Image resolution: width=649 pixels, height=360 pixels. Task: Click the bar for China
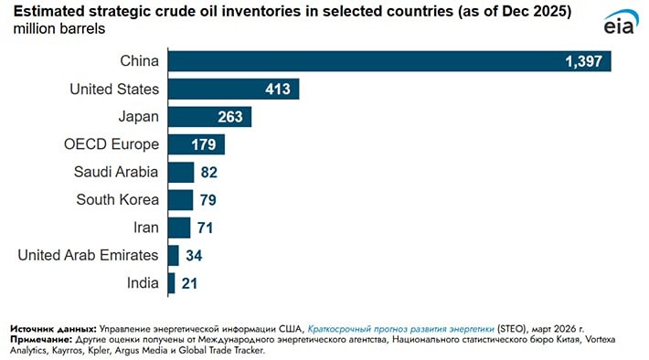[388, 61]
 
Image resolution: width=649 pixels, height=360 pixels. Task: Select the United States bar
[233, 89]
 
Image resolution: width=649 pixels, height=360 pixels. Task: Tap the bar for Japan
[209, 117]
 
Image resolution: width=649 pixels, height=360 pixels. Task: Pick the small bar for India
[171, 283]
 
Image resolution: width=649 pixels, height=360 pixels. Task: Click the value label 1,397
[586, 61]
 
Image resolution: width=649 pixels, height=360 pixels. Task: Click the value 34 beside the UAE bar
[195, 256]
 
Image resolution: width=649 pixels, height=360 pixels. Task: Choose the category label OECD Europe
[112, 144]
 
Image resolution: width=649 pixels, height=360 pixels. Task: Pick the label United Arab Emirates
[89, 255]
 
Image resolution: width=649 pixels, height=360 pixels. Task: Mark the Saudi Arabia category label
[116, 172]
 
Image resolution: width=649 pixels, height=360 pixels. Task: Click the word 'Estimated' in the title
[46, 12]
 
